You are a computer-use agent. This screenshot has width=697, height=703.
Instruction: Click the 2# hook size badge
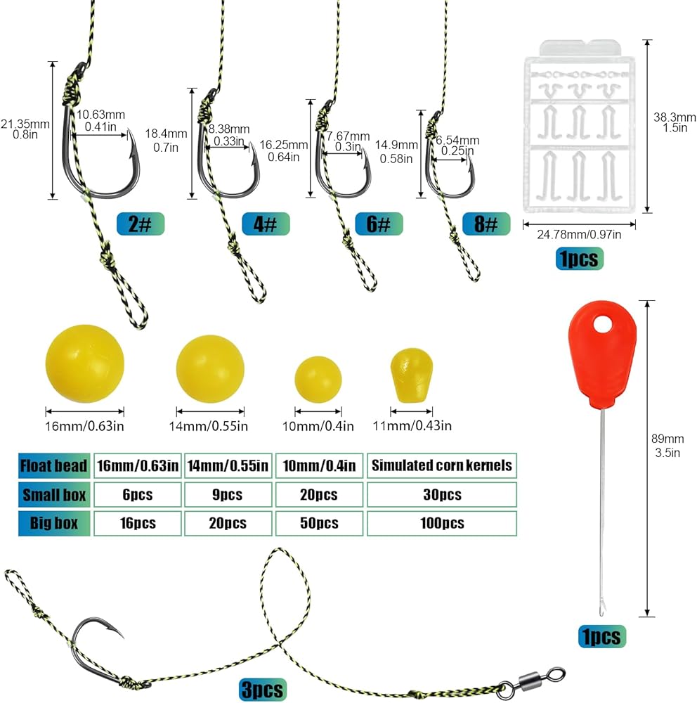(141, 224)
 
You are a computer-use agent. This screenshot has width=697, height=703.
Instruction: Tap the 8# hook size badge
(486, 224)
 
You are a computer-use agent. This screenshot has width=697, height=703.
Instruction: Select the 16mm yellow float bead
(85, 363)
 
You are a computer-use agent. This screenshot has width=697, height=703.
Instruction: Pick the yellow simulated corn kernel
(412, 375)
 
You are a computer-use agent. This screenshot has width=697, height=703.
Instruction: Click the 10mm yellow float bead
(318, 380)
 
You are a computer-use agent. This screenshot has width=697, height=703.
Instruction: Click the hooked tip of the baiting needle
(602, 611)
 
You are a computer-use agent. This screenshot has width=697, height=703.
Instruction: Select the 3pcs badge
(262, 690)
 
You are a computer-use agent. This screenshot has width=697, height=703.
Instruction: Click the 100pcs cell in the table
(442, 523)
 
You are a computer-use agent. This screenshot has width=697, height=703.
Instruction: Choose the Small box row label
(54, 494)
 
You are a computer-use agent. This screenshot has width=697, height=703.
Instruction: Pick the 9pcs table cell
(228, 494)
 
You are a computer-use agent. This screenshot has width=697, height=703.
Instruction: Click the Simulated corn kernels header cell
(442, 466)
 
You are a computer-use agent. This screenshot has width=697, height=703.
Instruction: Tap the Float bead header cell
(54, 466)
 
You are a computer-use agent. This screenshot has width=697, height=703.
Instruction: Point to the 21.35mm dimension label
(25, 124)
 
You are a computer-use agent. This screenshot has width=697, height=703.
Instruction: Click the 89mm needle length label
(667, 439)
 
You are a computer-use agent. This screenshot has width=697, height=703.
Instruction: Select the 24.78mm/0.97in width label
(579, 235)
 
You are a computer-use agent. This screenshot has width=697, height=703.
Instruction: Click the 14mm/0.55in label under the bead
(209, 426)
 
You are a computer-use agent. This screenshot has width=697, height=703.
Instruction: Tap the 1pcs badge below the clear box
(579, 259)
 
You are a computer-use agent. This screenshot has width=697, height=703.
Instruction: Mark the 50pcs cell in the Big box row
(319, 523)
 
